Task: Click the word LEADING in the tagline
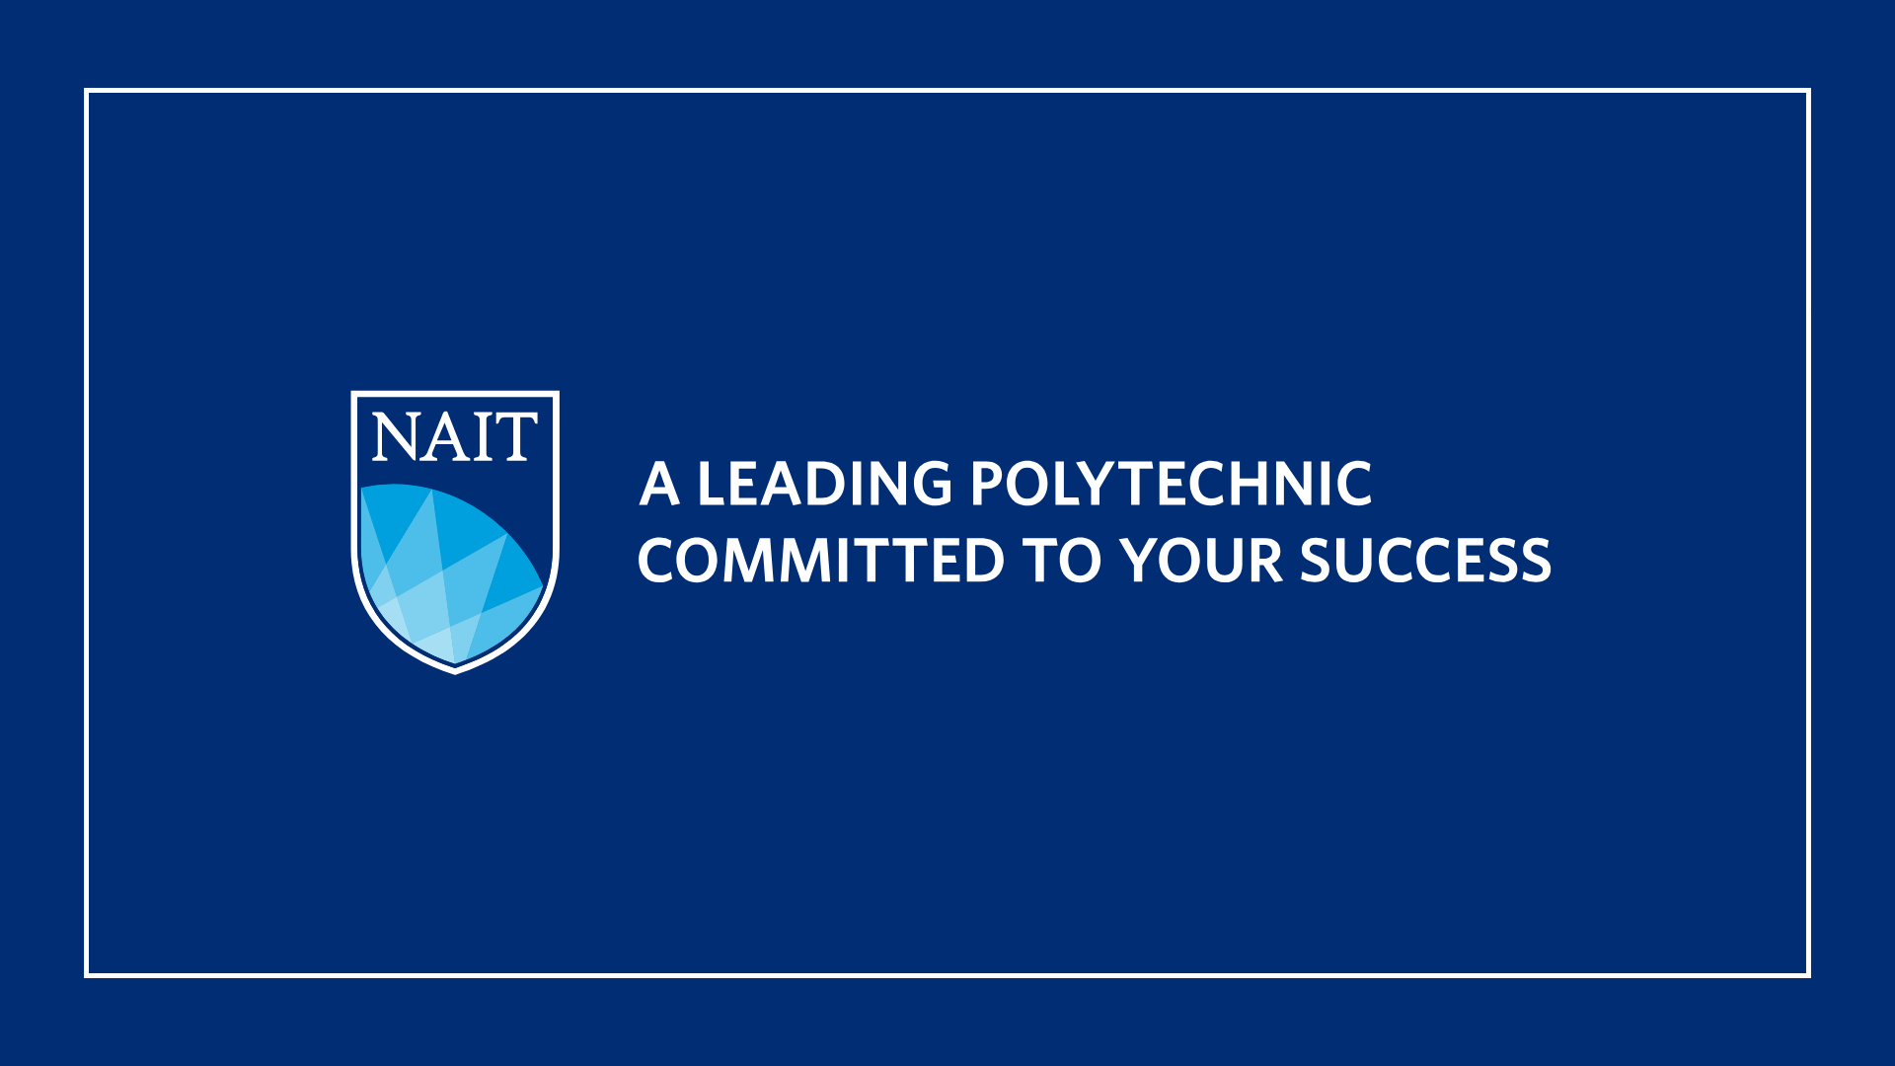click(x=825, y=485)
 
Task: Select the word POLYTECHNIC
click(x=1171, y=485)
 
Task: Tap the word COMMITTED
click(x=821, y=561)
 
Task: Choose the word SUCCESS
click(x=1425, y=561)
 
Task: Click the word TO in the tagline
click(x=1062, y=561)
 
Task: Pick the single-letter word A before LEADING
click(x=659, y=485)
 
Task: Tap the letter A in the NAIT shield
click(x=443, y=437)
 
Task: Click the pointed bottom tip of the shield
click(x=455, y=673)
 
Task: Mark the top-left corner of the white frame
click(x=87, y=91)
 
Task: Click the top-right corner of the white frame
click(x=1808, y=91)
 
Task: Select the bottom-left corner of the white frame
click(x=87, y=975)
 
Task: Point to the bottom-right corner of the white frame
click(x=1808, y=975)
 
